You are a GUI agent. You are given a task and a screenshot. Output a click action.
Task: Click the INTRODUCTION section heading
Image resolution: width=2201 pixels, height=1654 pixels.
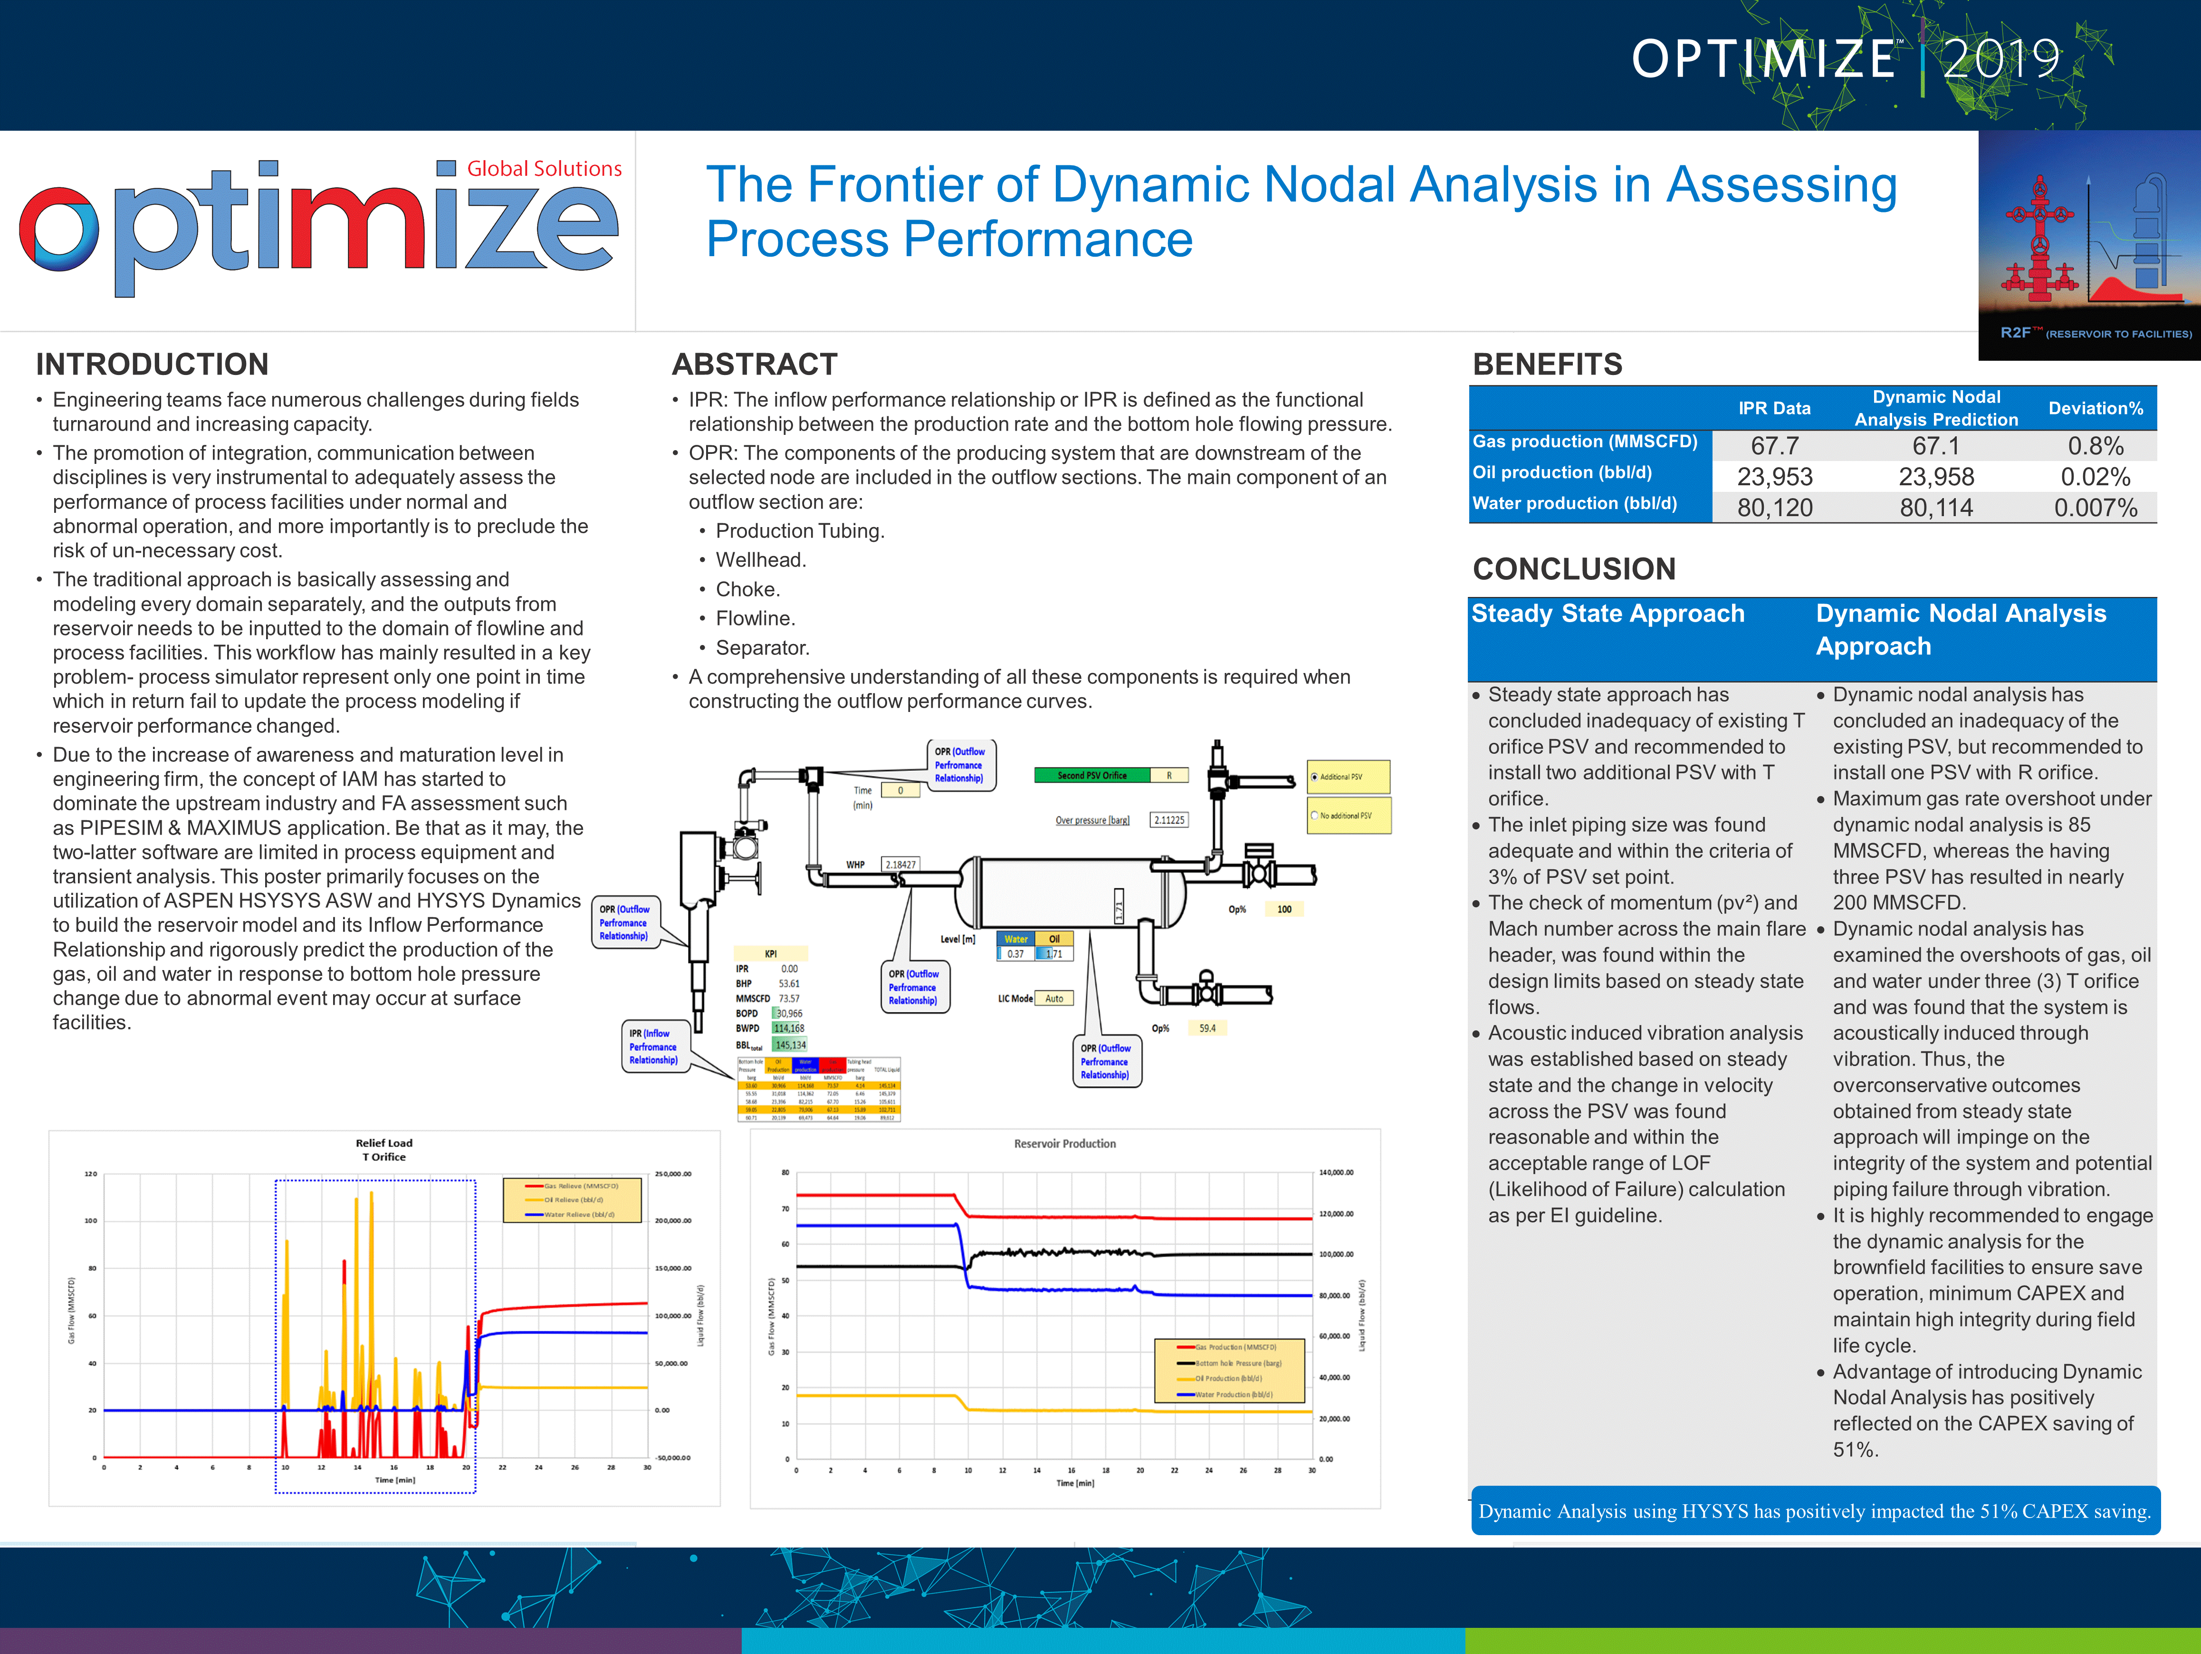(x=152, y=364)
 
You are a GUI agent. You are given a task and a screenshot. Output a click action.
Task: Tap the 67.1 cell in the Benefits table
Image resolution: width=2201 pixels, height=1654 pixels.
(x=1935, y=446)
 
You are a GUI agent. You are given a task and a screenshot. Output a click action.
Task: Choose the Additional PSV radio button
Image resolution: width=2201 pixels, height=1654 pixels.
(x=1314, y=777)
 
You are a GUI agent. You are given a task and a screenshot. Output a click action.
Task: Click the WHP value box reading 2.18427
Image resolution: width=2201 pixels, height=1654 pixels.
(x=900, y=865)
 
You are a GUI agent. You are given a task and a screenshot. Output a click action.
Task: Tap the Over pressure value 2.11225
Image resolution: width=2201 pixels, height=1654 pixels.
(x=1169, y=820)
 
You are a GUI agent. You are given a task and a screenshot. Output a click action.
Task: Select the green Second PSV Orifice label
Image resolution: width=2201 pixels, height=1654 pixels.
(x=1091, y=775)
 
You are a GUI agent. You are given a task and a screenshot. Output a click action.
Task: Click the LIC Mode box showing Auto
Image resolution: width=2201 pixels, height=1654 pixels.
(x=1054, y=998)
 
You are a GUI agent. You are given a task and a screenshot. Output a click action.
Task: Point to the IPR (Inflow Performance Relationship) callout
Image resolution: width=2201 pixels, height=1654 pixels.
(x=653, y=1047)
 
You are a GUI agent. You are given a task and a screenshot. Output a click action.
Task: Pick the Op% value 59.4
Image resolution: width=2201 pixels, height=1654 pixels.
(x=1207, y=1028)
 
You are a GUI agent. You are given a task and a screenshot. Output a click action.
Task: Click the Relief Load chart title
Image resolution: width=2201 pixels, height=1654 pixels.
(x=384, y=1149)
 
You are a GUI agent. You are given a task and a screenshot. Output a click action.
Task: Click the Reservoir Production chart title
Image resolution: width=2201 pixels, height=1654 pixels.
(x=1065, y=1144)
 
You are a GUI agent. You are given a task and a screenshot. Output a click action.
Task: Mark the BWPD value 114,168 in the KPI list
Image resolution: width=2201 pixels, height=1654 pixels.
(x=789, y=1028)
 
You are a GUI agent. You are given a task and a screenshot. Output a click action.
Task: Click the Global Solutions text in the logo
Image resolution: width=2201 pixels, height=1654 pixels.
(x=544, y=169)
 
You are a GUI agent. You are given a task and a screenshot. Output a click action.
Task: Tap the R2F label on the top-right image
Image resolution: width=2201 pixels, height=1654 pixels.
(x=2020, y=332)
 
